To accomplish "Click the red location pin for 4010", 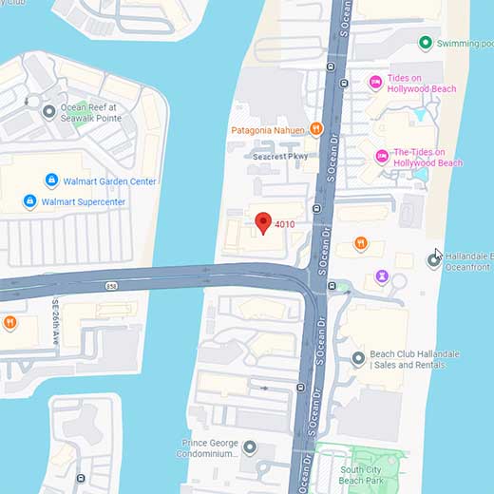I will (264, 223).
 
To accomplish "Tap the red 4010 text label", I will (285, 224).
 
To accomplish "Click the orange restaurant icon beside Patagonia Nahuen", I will (316, 129).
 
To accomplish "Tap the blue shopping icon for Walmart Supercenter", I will (29, 201).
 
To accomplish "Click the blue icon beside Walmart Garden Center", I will (51, 180).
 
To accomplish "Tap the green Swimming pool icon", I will (427, 43).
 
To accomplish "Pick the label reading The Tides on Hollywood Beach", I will (427, 158).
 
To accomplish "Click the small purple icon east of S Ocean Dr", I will (381, 275).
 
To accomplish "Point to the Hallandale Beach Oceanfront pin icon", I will (433, 262).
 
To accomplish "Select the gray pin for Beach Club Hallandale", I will (358, 358).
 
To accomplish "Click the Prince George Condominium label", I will (209, 447).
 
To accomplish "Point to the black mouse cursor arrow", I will (438, 255).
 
